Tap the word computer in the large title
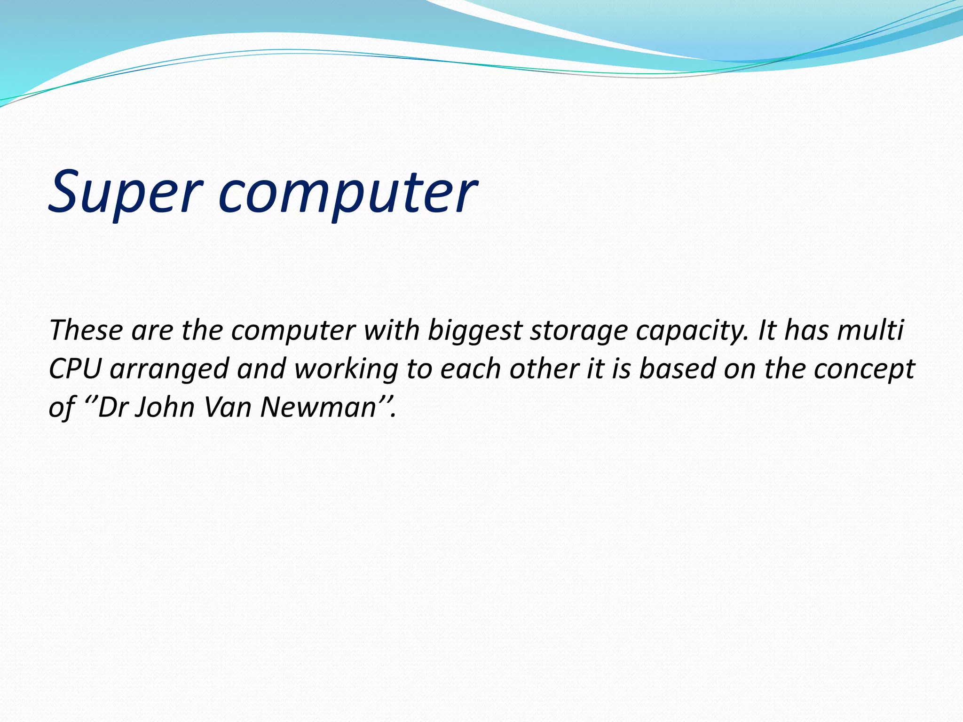click(x=347, y=193)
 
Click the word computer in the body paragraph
click(x=293, y=331)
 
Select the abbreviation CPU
click(x=75, y=369)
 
